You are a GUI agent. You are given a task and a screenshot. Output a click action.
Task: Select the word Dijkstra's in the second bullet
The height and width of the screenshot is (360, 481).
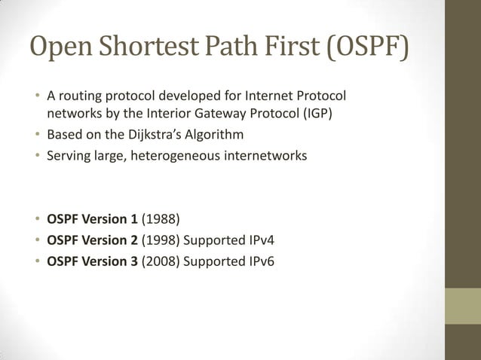[x=151, y=136]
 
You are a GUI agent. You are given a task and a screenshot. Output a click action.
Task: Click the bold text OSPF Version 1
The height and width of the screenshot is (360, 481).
[x=92, y=220]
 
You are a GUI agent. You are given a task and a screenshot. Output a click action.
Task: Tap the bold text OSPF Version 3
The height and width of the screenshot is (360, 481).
[x=92, y=262]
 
